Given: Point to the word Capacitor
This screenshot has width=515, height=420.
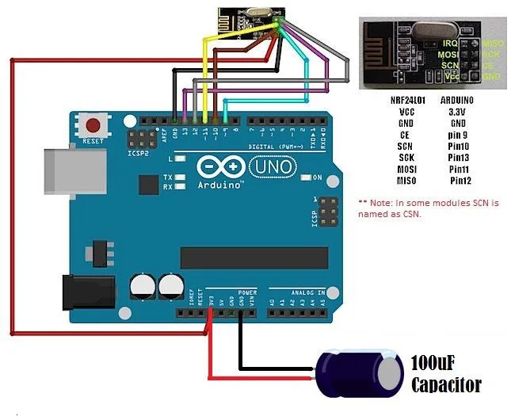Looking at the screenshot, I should tap(446, 385).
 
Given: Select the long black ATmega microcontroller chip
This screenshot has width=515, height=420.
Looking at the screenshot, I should tap(254, 258).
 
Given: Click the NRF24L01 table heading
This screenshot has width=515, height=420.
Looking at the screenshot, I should tap(407, 101).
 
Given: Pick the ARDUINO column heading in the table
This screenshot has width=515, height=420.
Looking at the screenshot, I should tap(457, 101).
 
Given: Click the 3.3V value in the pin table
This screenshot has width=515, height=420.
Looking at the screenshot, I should tap(457, 112).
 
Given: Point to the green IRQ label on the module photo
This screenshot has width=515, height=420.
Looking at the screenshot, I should tap(450, 41).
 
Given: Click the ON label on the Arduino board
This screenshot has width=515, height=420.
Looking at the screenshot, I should tap(317, 177).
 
